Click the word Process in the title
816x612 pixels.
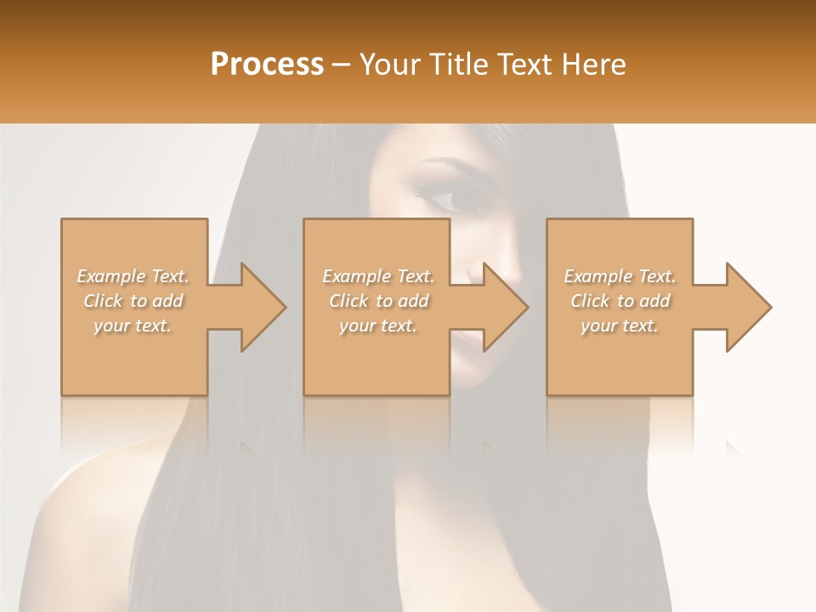click(267, 65)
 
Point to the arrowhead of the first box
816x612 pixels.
click(263, 307)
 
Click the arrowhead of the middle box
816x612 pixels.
click(506, 307)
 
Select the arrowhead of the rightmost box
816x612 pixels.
click(749, 307)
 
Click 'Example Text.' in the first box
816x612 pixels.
click(133, 276)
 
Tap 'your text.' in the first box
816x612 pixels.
click(133, 326)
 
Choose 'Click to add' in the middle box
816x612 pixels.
click(378, 301)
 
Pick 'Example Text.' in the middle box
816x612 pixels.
click(378, 276)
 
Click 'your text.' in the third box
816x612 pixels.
click(620, 326)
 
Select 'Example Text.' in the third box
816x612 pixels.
click(620, 276)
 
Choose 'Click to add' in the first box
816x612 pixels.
click(133, 301)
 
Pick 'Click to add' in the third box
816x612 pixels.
click(620, 301)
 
